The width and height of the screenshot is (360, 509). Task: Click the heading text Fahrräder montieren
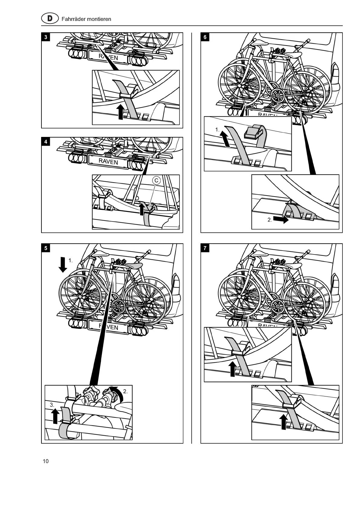pos(86,19)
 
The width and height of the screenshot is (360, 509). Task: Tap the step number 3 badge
pos(46,37)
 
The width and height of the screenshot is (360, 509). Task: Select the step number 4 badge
pos(46,142)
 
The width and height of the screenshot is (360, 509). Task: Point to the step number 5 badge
pos(46,248)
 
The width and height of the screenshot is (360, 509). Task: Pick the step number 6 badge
pos(205,37)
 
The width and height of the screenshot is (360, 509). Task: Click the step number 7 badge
pos(205,248)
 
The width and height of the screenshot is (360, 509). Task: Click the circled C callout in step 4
pos(156,181)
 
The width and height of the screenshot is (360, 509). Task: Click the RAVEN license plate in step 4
pos(108,161)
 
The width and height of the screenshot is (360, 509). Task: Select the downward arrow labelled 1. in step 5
pos(63,264)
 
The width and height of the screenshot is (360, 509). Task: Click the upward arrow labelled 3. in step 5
pos(55,416)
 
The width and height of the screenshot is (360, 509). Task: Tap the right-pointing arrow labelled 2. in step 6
pos(281,219)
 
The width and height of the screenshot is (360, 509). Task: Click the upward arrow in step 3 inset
pos(120,112)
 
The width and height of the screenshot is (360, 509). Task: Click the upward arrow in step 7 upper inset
pos(232,369)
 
